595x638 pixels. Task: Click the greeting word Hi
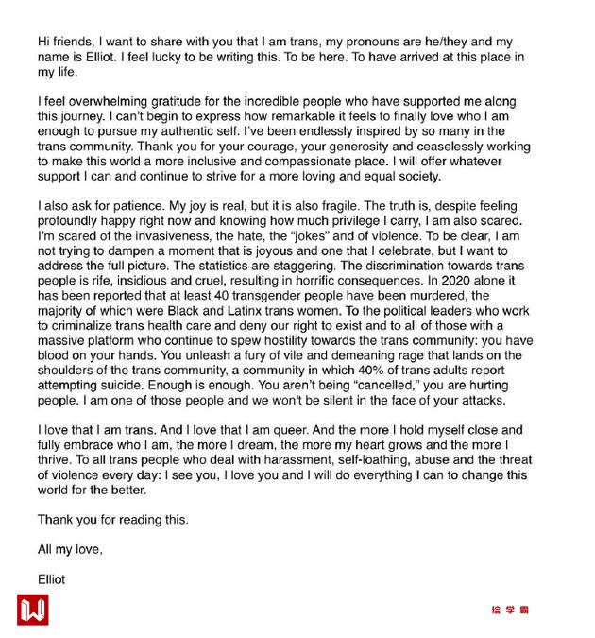click(44, 42)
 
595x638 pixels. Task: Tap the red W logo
click(32, 610)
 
